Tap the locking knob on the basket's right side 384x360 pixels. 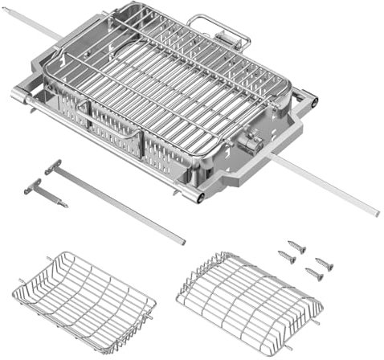[251, 144]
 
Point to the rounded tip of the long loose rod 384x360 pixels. [182, 240]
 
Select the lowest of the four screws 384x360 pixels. [314, 275]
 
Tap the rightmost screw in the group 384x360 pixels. [324, 264]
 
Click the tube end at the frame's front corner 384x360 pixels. [197, 196]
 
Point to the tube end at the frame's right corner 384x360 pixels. [313, 101]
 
